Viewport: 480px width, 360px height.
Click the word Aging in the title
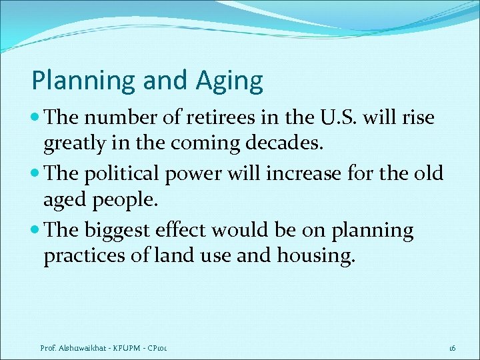(229, 81)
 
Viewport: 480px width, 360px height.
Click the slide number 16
(451, 349)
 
